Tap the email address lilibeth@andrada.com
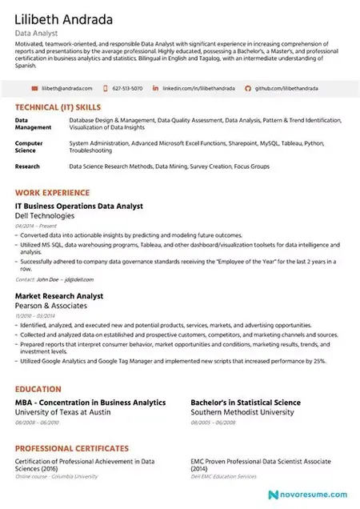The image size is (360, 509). click(x=67, y=88)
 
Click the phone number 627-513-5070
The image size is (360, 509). click(x=127, y=88)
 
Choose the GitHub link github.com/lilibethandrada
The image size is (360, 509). click(x=280, y=88)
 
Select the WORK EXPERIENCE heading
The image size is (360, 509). click(x=52, y=194)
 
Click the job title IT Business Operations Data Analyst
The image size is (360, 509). click(x=79, y=206)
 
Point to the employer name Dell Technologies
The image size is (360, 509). click(x=46, y=216)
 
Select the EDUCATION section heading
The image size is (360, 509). click(x=39, y=389)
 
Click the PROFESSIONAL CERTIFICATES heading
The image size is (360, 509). click(x=72, y=448)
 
